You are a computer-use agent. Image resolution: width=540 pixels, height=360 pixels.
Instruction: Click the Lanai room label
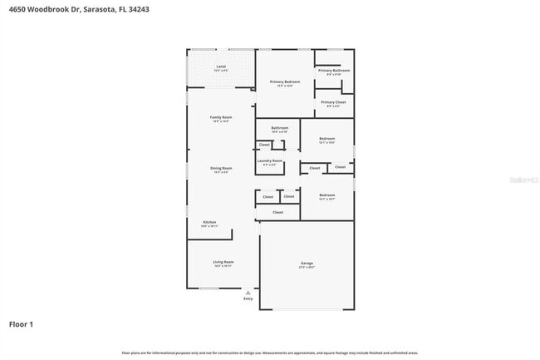click(x=221, y=66)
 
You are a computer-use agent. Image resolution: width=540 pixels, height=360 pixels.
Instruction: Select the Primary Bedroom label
click(x=284, y=81)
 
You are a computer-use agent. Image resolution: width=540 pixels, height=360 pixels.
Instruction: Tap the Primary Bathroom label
click(x=334, y=71)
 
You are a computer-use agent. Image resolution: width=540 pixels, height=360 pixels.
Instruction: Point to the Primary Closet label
click(x=333, y=102)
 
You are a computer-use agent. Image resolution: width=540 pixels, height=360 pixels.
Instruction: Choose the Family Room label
click(x=221, y=117)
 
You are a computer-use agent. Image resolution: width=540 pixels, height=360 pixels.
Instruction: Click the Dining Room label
click(x=221, y=168)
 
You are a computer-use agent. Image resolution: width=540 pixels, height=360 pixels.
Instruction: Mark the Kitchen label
click(x=210, y=222)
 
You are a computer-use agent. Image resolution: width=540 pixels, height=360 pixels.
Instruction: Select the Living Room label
click(x=223, y=262)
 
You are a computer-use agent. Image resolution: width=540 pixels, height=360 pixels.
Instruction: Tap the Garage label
click(x=307, y=263)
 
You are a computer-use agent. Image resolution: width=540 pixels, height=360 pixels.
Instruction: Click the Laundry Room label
click(x=270, y=160)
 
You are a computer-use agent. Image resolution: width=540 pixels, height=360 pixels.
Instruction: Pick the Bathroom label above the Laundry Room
click(x=279, y=128)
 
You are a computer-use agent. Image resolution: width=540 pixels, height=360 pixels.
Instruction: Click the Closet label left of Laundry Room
click(x=264, y=145)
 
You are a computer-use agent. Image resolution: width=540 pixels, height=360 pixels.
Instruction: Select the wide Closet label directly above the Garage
click(x=277, y=212)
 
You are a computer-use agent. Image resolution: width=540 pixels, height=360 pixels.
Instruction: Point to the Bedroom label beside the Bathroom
click(x=326, y=138)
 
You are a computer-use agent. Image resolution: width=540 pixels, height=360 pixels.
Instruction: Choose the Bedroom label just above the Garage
click(x=326, y=195)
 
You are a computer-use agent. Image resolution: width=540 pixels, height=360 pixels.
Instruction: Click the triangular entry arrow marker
click(x=248, y=293)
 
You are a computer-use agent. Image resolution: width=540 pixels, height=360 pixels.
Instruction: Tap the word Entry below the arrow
click(x=248, y=298)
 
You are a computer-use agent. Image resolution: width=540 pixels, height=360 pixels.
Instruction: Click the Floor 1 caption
click(x=21, y=323)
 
